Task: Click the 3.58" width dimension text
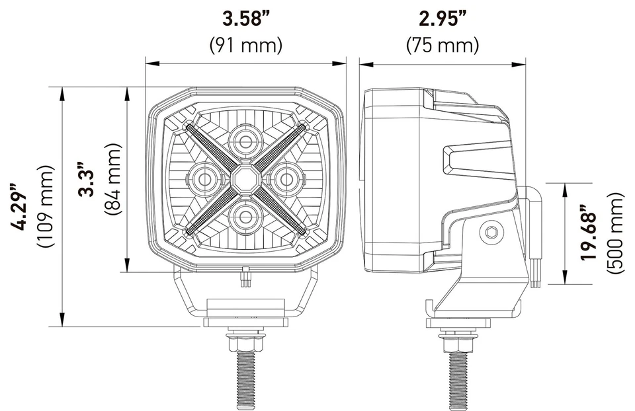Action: pos(245,19)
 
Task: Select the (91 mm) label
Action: pos(245,44)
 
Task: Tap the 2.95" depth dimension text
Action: pos(442,19)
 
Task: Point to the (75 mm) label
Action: pos(442,44)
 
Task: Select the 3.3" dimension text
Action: pos(86,178)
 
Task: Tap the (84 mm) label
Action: pos(112,178)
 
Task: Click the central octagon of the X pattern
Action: pos(245,178)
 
